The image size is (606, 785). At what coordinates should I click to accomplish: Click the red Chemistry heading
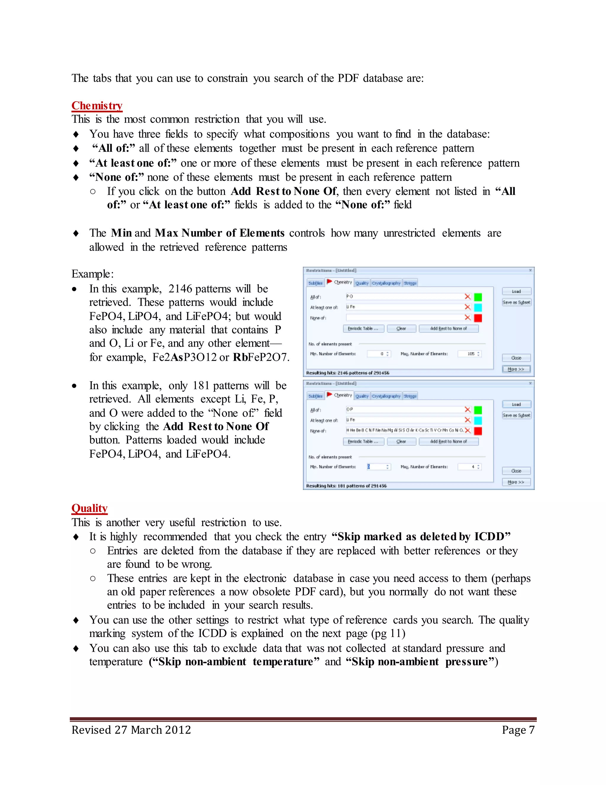coord(97,106)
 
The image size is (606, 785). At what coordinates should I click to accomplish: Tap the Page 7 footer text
coord(518,730)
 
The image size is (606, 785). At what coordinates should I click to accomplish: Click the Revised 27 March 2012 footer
coord(131,730)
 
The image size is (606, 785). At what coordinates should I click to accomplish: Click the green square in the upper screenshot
coord(478,297)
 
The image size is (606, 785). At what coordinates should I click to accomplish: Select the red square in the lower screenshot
coord(478,431)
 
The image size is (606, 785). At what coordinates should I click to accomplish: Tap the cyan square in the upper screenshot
coord(478,307)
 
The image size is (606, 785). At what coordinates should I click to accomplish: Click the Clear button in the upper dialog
coord(401,329)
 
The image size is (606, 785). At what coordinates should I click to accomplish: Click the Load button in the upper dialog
coord(516,291)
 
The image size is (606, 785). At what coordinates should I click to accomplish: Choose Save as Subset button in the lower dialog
coord(516,415)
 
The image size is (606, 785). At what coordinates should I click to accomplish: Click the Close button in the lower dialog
coord(516,471)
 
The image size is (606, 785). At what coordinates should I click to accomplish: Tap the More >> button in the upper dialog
coord(516,369)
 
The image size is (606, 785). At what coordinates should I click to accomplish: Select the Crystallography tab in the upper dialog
coord(386,283)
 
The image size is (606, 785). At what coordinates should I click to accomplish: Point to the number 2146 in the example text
coord(180,289)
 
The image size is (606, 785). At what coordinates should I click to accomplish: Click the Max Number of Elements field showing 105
coord(469,354)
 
